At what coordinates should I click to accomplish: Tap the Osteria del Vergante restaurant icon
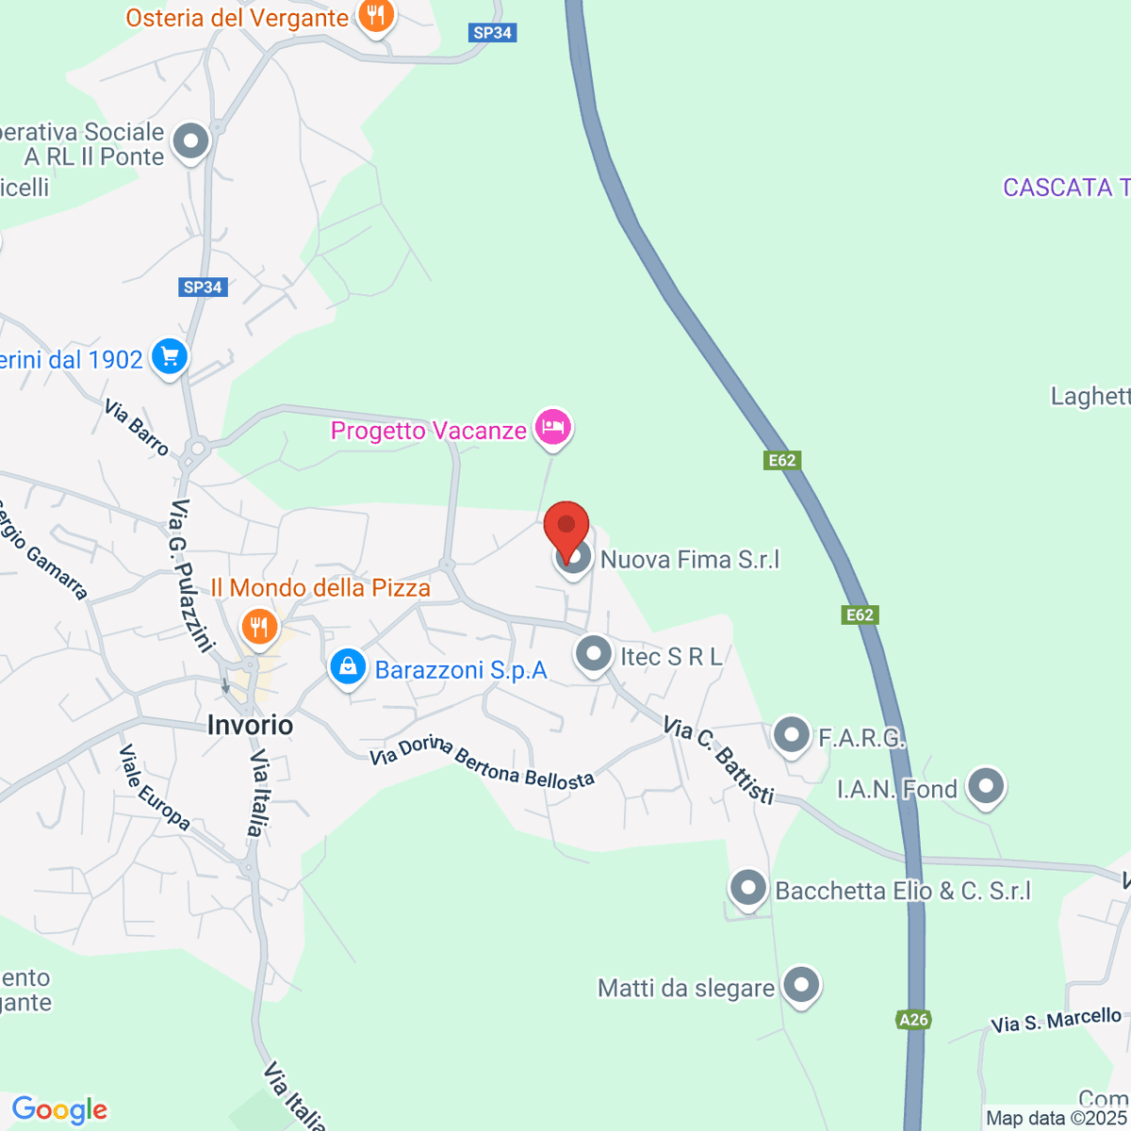[376, 16]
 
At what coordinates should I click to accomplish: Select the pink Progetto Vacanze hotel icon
[552, 428]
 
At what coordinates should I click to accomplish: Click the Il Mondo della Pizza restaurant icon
[259, 625]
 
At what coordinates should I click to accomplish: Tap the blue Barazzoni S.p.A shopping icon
[348, 667]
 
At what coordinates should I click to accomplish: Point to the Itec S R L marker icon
[594, 653]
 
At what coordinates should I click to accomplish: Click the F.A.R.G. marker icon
[792, 734]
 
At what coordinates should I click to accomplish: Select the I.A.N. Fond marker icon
[986, 786]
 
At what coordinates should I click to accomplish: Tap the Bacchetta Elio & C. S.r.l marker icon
[748, 888]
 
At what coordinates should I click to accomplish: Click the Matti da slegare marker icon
[801, 985]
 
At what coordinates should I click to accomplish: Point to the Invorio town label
[250, 725]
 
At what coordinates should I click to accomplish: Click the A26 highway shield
[913, 1019]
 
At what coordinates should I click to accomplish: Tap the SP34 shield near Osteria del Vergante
[493, 33]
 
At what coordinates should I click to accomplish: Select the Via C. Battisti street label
[719, 760]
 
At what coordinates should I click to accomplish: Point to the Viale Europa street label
[155, 788]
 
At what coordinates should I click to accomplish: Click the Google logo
[59, 1110]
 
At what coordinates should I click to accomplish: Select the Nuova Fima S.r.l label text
[690, 560]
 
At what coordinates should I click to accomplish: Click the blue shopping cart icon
[170, 357]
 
